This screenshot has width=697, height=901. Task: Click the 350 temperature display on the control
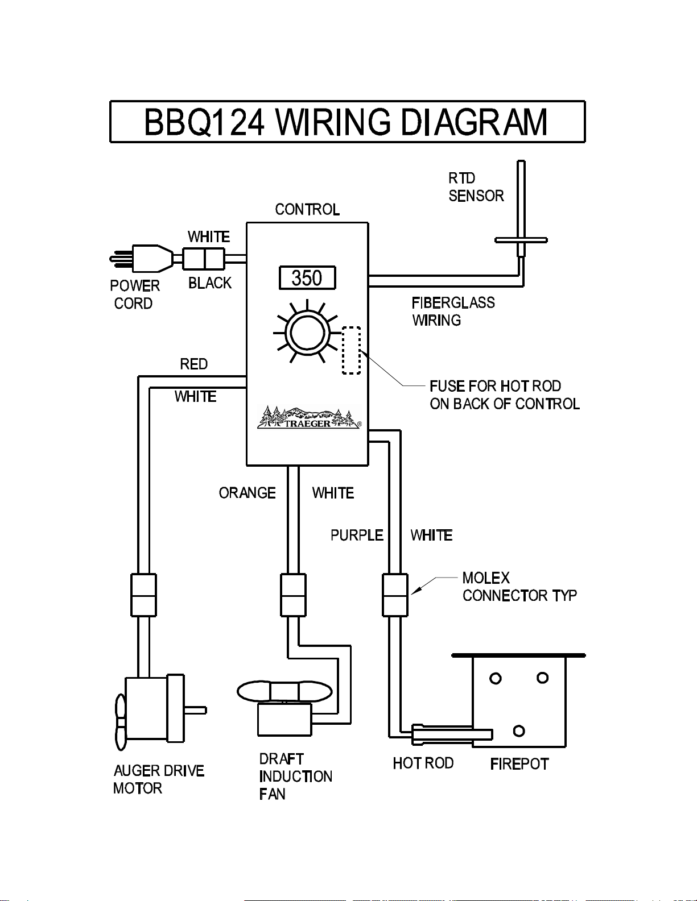click(x=307, y=278)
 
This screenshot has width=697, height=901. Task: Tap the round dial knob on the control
click(x=307, y=333)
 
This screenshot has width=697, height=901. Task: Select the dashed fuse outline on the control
click(x=351, y=350)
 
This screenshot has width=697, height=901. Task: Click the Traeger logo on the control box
click(x=308, y=418)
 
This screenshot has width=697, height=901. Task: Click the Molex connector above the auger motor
click(x=143, y=595)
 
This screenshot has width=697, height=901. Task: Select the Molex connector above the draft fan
click(x=293, y=595)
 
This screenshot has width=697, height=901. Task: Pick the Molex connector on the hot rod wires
click(x=395, y=595)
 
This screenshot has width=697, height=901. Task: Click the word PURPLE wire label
click(x=357, y=535)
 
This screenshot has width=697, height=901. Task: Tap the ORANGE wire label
click(x=247, y=493)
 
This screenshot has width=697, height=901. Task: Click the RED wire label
click(x=193, y=364)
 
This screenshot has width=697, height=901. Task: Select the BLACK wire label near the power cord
click(x=210, y=283)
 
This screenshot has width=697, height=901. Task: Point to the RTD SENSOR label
click(x=476, y=187)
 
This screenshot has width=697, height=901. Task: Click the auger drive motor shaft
click(x=195, y=710)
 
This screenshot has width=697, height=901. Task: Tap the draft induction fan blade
click(x=284, y=692)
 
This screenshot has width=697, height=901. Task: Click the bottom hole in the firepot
click(x=519, y=731)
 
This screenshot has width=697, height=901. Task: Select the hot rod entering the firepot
click(x=452, y=734)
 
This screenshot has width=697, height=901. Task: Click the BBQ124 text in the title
click(x=204, y=122)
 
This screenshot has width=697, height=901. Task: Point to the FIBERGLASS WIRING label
click(x=453, y=312)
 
